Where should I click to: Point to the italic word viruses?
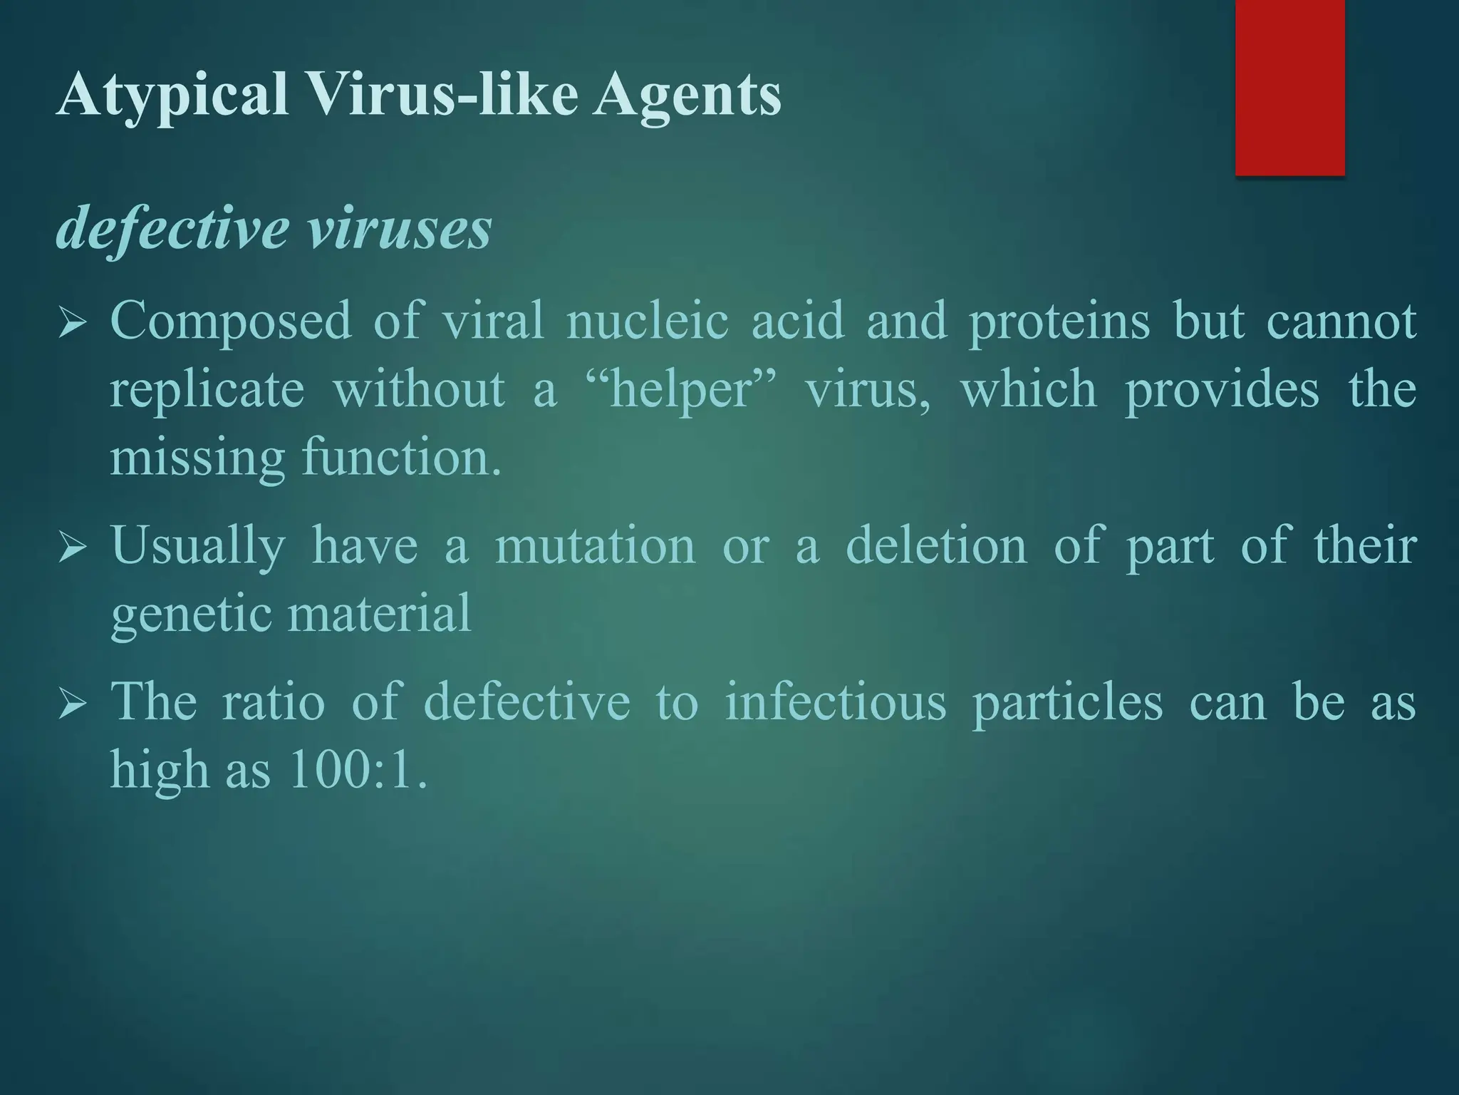click(x=399, y=230)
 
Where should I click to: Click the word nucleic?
click(x=647, y=321)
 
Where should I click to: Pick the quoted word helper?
click(x=682, y=391)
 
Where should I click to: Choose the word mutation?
click(x=595, y=546)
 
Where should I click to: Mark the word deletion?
click(x=936, y=546)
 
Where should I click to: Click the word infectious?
click(x=836, y=702)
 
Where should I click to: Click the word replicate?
click(x=207, y=391)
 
